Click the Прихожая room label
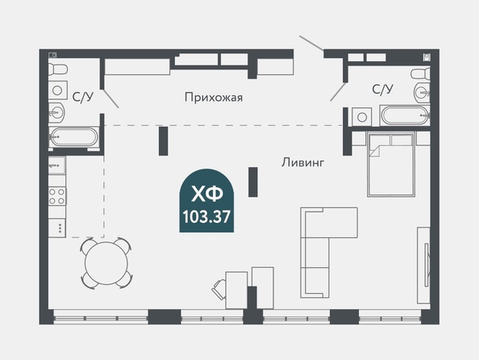point(214,98)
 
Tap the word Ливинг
point(302,162)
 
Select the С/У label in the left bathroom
point(83,97)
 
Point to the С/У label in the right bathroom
point(382,90)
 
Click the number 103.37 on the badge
point(206,217)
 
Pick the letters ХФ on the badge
point(206,195)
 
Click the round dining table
point(106,263)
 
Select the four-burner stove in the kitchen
point(57,196)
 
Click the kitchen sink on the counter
point(57,165)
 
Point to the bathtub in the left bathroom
point(73,136)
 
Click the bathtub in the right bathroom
point(405,115)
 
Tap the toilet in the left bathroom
point(58,69)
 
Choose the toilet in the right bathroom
point(420,74)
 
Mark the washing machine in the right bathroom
point(362,117)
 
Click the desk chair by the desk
point(219,289)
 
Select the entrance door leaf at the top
point(311,43)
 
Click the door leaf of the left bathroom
point(110,98)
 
